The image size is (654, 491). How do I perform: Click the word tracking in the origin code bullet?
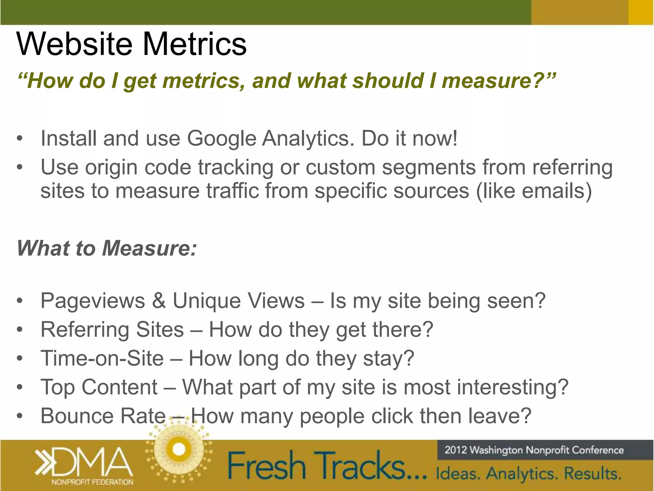tap(235, 167)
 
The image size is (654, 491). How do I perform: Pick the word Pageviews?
tap(93, 301)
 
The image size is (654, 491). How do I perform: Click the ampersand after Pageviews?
tap(159, 301)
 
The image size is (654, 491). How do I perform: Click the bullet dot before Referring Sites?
tap(20, 330)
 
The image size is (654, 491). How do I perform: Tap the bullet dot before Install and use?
tap(20, 139)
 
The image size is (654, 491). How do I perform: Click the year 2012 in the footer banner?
tap(456, 450)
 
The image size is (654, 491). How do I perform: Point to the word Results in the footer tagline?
tap(592, 473)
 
